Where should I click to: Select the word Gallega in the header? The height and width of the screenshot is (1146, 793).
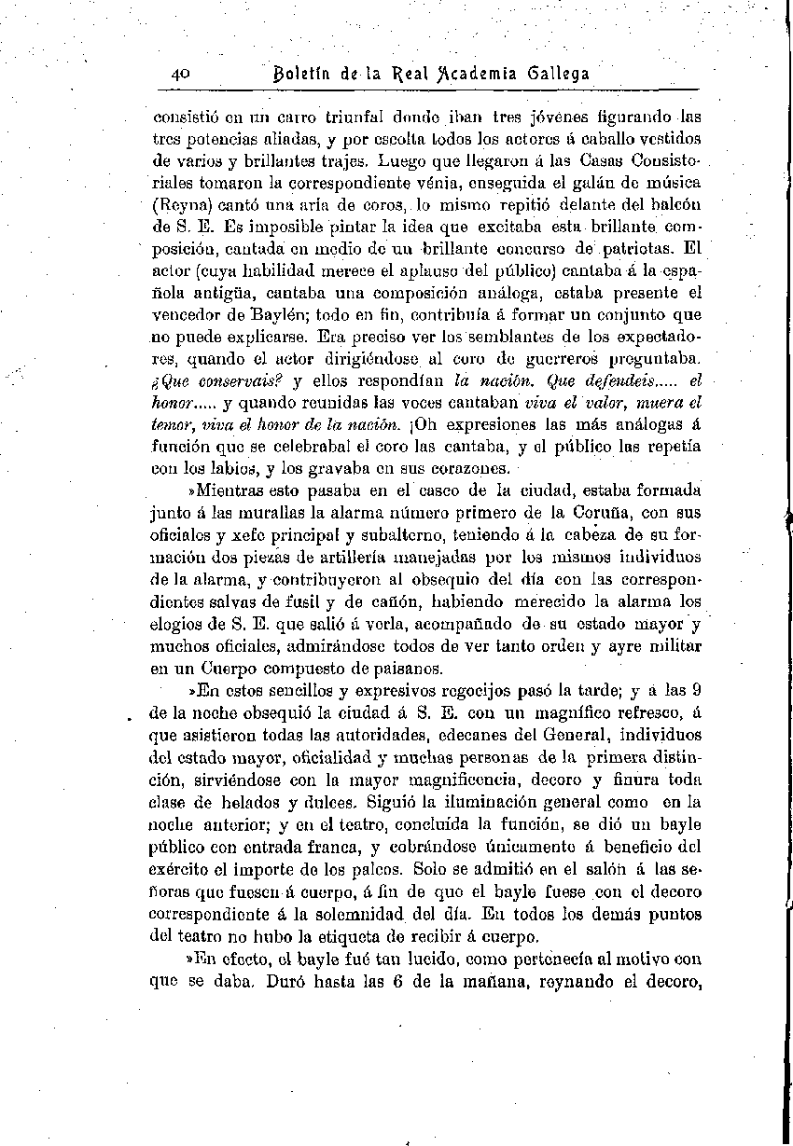coord(558,74)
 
